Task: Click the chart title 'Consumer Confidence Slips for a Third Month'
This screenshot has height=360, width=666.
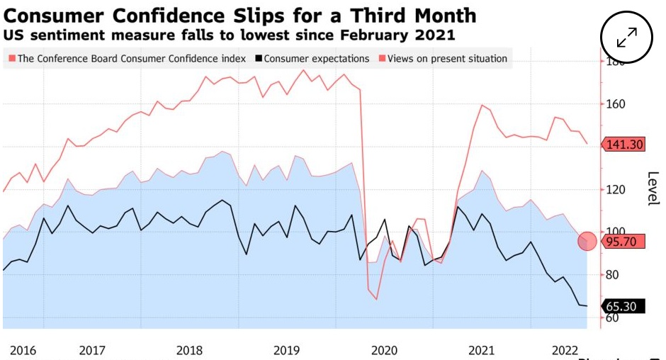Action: [x=240, y=15]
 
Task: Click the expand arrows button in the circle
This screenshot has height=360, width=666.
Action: [x=627, y=38]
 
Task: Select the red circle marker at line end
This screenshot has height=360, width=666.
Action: [x=587, y=241]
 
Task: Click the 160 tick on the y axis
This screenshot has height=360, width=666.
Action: [x=614, y=104]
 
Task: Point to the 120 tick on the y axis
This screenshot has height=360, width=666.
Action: [x=614, y=189]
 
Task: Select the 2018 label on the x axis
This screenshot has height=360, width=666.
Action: [x=189, y=350]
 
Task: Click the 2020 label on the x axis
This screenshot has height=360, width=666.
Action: [x=385, y=350]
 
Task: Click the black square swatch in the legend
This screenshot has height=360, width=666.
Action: [x=259, y=59]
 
